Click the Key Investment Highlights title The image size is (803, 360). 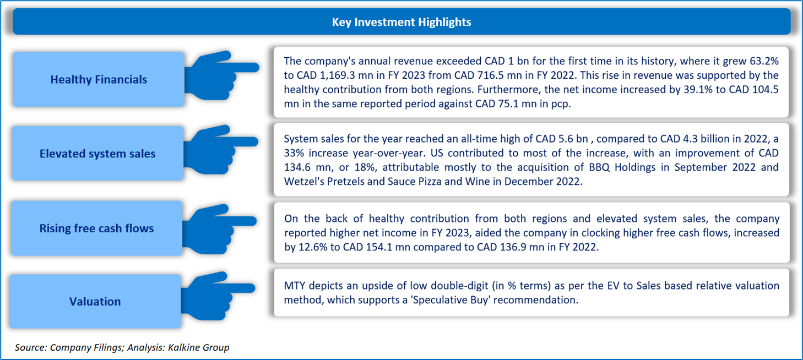click(401, 22)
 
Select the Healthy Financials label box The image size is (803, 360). click(99, 79)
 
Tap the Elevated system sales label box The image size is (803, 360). click(97, 154)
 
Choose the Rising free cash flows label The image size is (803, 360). click(96, 228)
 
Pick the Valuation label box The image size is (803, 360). click(95, 301)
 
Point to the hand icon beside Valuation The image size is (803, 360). click(217, 288)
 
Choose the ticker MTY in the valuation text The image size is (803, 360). click(295, 285)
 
